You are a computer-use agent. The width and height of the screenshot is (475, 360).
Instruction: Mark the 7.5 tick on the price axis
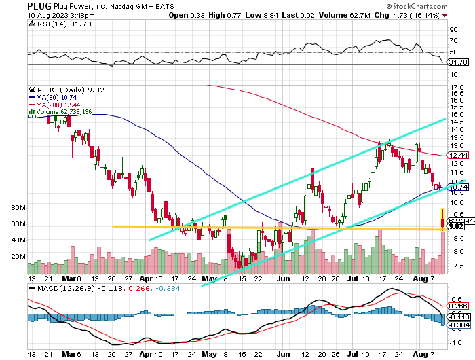click(x=457, y=267)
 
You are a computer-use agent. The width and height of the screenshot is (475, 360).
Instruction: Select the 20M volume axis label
click(x=18, y=257)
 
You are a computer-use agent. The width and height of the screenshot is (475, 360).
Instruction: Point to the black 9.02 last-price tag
click(x=455, y=226)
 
